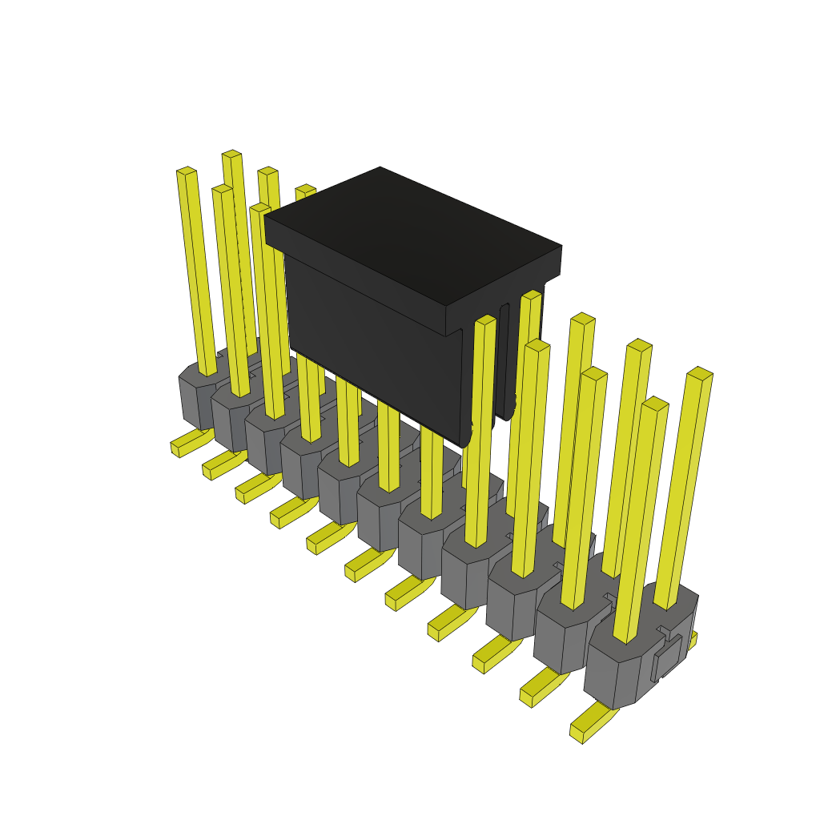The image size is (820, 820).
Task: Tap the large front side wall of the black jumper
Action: tap(368, 336)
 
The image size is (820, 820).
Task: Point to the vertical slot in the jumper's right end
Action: tap(504, 360)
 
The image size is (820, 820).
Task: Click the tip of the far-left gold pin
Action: tap(186, 171)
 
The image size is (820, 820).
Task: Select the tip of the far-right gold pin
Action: tap(700, 373)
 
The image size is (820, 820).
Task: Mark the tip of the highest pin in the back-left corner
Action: tap(231, 154)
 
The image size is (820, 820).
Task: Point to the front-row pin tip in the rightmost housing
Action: tap(655, 404)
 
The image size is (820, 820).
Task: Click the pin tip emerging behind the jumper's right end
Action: tap(531, 295)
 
